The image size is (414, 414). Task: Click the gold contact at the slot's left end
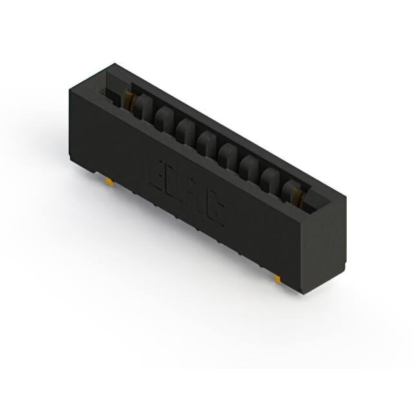point(129,100)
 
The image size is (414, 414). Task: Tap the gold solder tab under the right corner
point(278,279)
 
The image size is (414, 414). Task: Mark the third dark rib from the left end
point(186,128)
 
